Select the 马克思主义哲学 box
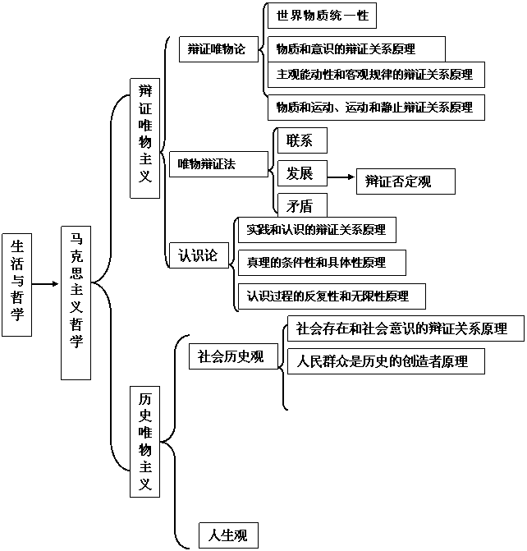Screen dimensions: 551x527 click(76, 301)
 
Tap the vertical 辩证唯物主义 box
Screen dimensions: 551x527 click(144, 138)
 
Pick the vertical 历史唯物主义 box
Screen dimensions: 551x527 click(144, 440)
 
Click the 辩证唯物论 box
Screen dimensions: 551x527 click(212, 49)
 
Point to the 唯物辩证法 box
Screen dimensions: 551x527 click(218, 164)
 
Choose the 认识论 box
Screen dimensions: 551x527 click(198, 255)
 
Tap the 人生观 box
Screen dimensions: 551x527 click(227, 535)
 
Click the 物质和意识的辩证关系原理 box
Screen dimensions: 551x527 click(356, 49)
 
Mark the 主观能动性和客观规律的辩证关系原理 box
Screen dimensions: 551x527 click(374, 75)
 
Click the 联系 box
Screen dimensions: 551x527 click(301, 140)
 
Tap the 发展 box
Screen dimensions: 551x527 click(301, 173)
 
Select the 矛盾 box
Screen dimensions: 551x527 click(301, 205)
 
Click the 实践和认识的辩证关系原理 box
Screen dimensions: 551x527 click(316, 230)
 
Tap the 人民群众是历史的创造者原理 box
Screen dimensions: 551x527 click(385, 360)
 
